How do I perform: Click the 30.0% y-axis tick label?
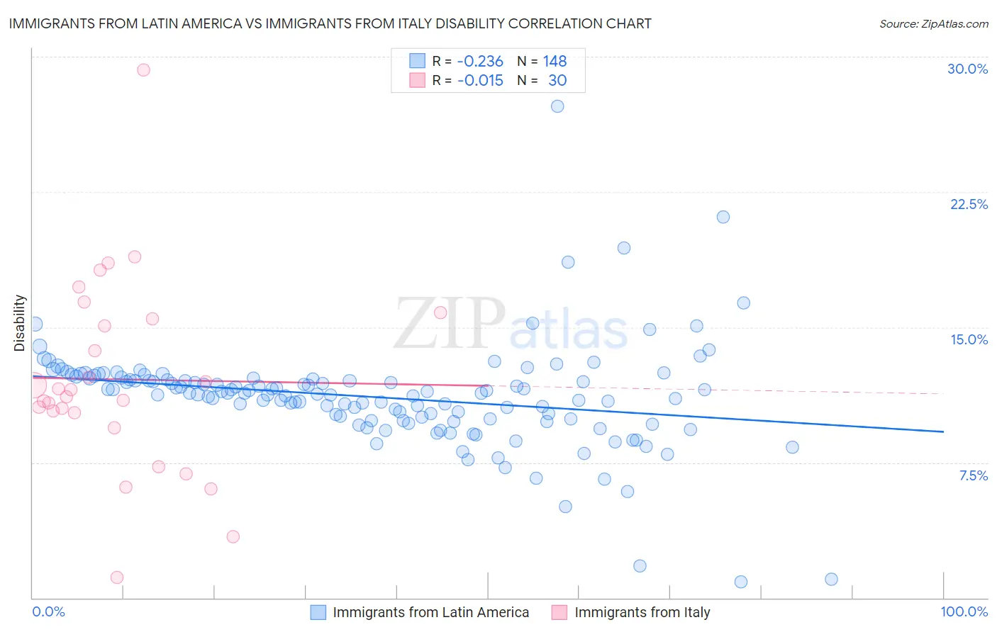967,69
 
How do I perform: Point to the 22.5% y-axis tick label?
969,204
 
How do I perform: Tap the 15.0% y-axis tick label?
969,339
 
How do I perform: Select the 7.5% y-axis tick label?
973,475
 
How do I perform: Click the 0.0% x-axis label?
49,611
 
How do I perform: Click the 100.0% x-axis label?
964,611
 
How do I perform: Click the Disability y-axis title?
20,323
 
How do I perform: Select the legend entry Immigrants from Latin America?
430,612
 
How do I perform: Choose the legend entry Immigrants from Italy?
642,612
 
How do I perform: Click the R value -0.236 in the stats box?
480,62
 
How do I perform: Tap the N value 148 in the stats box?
555,62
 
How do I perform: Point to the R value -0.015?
480,81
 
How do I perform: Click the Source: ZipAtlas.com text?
933,23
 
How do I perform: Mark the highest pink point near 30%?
143,69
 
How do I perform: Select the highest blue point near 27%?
557,106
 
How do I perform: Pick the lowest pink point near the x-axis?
117,577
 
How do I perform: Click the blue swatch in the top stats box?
418,62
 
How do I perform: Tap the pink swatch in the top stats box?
418,81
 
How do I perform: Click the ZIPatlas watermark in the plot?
511,324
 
